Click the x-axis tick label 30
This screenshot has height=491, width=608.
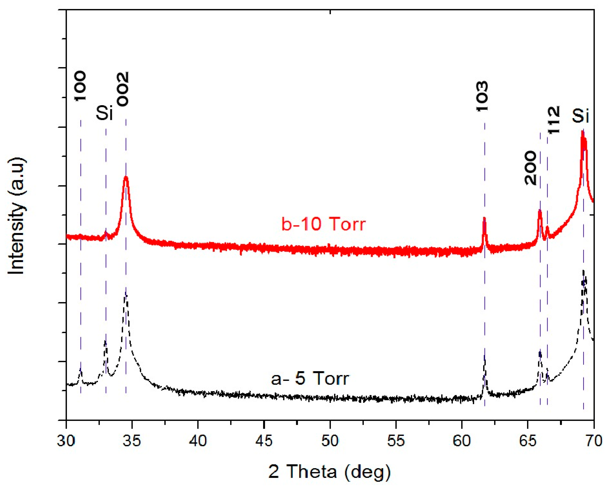[x=66, y=441]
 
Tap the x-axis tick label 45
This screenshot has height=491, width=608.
[x=264, y=441]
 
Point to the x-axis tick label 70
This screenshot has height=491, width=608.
[x=594, y=441]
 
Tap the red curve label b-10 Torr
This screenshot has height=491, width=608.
[x=323, y=224]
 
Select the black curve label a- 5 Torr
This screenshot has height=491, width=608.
[x=310, y=378]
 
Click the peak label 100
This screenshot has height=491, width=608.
[x=80, y=86]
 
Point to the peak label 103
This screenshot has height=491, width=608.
[x=482, y=96]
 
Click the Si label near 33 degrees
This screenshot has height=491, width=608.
[x=105, y=113]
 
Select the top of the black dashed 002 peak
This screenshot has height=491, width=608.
[x=126, y=290]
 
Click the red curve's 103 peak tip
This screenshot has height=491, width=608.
[x=484, y=218]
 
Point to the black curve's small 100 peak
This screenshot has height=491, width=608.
[x=81, y=370]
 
